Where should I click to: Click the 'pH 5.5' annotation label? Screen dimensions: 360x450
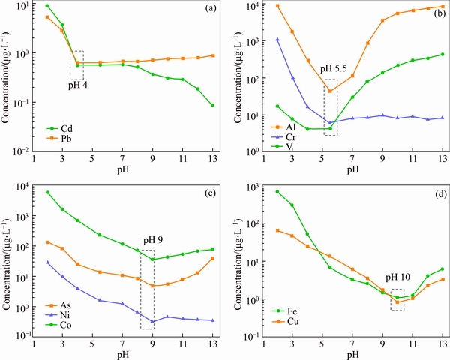[x=334, y=69]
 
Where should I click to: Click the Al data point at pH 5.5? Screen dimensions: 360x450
[x=330, y=91]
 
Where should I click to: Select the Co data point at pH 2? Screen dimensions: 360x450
[x=47, y=193]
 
